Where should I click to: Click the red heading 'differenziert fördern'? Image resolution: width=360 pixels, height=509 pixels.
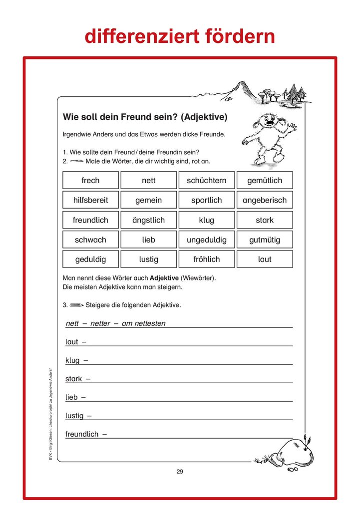click(x=180, y=36)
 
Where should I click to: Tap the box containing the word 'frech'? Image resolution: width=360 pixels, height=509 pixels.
click(x=90, y=180)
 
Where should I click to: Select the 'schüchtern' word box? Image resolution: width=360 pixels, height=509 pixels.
click(x=206, y=180)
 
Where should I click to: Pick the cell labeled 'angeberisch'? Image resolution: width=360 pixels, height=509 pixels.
click(x=265, y=200)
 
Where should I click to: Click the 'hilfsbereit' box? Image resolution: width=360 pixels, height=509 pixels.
click(x=90, y=200)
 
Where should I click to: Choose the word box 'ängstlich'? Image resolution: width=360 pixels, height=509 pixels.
click(x=148, y=220)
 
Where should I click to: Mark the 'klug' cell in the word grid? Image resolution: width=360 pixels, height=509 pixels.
click(x=206, y=220)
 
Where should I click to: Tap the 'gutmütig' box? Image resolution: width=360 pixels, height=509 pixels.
click(x=265, y=240)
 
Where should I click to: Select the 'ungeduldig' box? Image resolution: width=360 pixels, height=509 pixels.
click(x=206, y=240)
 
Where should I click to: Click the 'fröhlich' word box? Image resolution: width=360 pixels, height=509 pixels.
click(x=206, y=259)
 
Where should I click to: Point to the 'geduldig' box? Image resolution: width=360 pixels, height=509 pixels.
click(x=90, y=259)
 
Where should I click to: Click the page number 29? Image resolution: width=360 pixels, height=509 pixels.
click(x=180, y=472)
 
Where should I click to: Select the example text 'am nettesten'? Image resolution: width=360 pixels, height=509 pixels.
click(x=143, y=323)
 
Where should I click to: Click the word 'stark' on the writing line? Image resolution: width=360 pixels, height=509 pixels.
click(x=73, y=379)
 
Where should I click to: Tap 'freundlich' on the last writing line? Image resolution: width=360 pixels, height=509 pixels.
click(x=82, y=434)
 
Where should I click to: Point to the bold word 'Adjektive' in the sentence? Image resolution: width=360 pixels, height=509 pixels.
click(x=165, y=277)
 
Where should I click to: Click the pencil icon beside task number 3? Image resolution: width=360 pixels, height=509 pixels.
click(x=76, y=305)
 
